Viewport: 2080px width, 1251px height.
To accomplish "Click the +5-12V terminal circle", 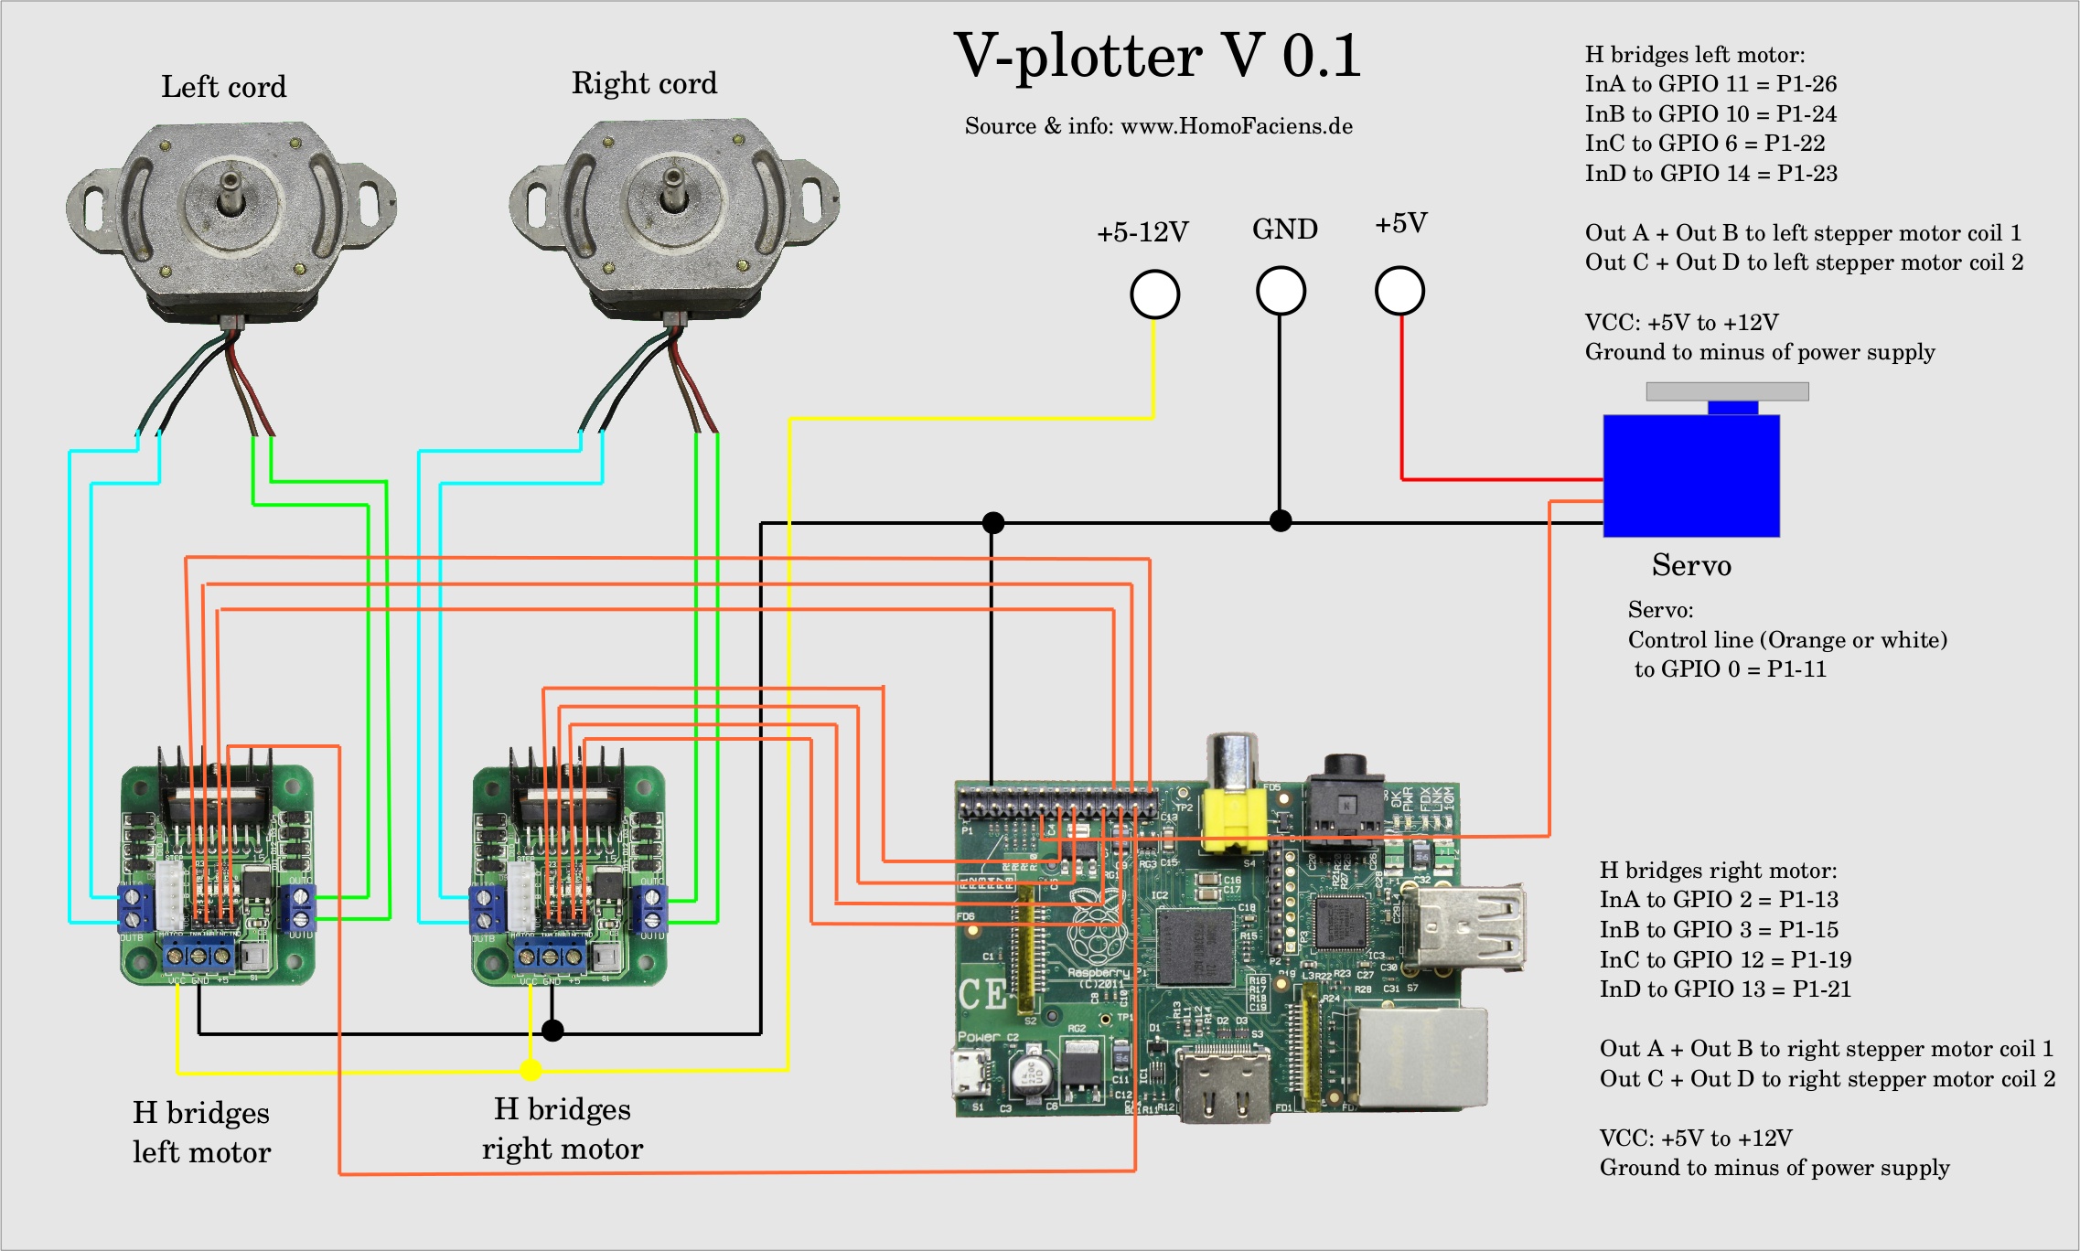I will coord(1154,294).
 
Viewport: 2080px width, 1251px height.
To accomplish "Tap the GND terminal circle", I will coord(1281,292).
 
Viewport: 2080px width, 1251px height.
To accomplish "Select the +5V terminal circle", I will coord(1399,291).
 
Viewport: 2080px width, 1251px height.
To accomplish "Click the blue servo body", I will coord(1690,476).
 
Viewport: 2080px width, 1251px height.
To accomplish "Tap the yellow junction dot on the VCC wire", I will coord(531,1069).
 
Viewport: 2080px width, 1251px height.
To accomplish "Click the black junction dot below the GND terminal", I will coord(1281,520).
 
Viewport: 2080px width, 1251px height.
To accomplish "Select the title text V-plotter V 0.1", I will coord(1157,57).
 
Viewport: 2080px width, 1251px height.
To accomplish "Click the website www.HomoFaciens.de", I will coord(1237,126).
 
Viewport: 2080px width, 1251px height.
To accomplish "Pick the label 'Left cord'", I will coord(224,87).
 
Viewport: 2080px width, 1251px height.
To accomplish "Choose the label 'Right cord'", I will coord(644,83).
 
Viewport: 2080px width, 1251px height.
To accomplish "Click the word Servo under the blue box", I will coord(1691,565).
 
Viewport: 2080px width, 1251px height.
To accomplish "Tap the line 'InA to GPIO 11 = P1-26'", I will coord(1710,84).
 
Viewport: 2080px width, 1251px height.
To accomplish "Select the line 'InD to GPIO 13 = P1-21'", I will coord(1725,989).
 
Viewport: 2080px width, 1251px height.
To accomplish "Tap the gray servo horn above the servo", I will coord(1727,391).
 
